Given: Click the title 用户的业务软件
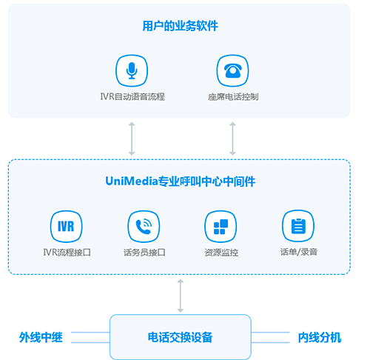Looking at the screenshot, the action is tap(181, 26).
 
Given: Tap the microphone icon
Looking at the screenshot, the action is tap(132, 70).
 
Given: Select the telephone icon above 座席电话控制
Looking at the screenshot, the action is tap(232, 70).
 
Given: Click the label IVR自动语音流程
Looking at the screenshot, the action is tap(132, 96).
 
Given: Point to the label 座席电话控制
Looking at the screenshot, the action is tap(233, 96).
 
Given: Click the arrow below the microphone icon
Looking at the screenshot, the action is tap(132, 139).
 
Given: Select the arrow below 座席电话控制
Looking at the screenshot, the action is tap(232, 139).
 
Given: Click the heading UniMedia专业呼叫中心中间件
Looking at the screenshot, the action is tap(181, 181).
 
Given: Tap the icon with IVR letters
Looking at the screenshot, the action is tap(66, 227).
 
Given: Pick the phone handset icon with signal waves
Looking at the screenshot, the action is tap(144, 227).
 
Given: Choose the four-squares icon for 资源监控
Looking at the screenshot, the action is tap(221, 227).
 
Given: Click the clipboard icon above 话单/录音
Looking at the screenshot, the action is tap(298, 226).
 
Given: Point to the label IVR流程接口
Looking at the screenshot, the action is tap(67, 253).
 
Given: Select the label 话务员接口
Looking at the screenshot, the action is tap(144, 253).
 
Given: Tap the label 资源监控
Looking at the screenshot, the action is tap(221, 253).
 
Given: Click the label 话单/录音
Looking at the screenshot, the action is tap(299, 252).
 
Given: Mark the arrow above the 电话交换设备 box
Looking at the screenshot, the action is tap(181, 296).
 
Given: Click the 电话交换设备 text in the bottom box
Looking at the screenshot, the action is tap(180, 337).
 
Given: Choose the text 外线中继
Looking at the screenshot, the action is tap(41, 337).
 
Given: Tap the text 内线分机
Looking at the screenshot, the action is tap(320, 338).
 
